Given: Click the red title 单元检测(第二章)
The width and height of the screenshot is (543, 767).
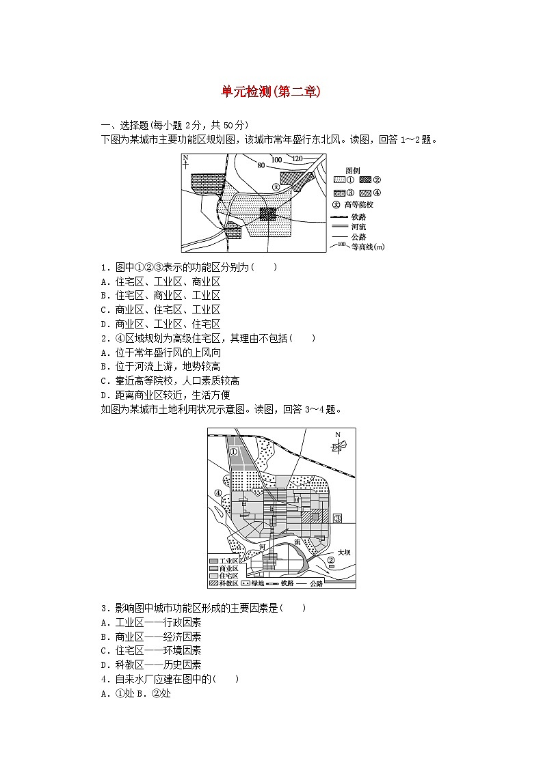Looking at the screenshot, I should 271,92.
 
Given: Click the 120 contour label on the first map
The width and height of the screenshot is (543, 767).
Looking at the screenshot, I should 297,159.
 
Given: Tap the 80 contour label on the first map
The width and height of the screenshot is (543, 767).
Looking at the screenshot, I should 261,165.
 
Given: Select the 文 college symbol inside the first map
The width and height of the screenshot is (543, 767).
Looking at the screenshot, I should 276,186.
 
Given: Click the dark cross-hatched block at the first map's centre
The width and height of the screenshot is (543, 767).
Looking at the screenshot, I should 268,214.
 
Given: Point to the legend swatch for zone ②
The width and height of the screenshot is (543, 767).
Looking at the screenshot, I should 366,180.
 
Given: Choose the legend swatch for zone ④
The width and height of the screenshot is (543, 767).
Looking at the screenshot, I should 366,192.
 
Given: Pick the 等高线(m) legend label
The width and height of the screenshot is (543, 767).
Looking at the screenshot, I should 367,247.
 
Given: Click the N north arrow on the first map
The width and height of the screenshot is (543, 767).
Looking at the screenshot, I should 185,161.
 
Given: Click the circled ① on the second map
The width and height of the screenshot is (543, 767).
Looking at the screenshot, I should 233,451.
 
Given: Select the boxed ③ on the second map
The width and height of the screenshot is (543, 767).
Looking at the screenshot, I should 336,518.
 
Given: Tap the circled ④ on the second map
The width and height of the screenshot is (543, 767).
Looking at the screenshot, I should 217,493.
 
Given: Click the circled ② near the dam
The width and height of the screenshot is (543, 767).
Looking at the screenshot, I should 331,560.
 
